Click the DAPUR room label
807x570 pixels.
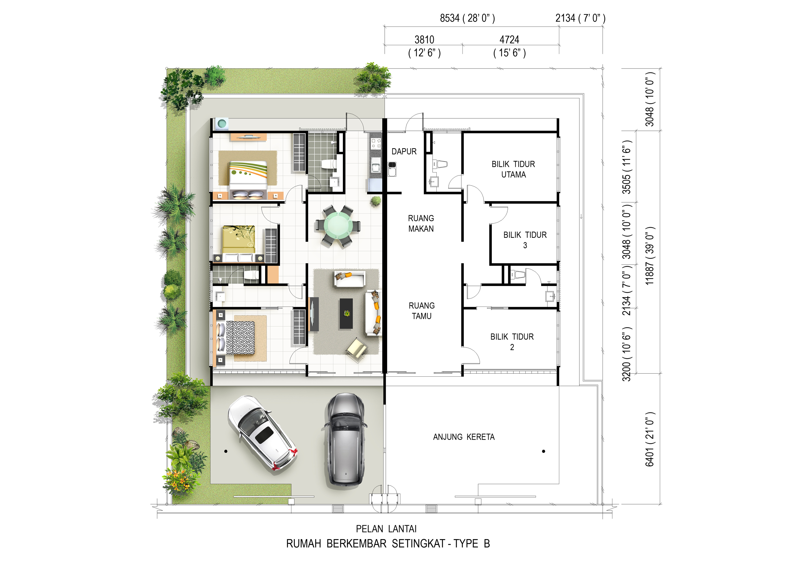point(404,151)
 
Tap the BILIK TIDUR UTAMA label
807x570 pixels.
point(513,169)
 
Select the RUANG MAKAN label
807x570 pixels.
point(421,223)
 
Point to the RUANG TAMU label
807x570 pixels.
point(422,311)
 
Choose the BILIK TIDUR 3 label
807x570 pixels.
point(525,240)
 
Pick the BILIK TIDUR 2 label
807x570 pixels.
point(512,342)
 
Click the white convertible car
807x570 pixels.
point(262,433)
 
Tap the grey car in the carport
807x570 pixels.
point(345,440)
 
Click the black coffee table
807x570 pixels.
point(346,314)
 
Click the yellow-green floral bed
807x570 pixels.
point(238,244)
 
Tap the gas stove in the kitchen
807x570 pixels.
point(376,143)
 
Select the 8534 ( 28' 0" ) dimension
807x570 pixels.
point(467,18)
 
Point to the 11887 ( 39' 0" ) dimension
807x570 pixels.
point(650,255)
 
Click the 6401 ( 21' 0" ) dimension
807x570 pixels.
point(650,439)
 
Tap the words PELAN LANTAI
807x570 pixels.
point(386,529)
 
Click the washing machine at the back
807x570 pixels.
point(222,124)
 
